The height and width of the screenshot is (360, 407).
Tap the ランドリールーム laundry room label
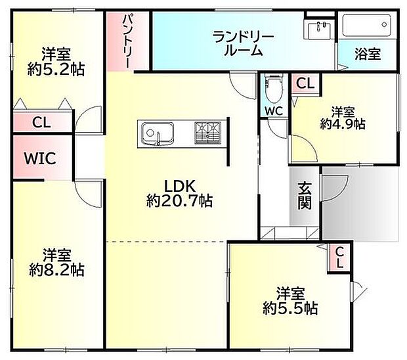242,43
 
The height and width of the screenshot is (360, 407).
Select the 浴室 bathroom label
367,55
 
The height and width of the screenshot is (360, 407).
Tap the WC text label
273,111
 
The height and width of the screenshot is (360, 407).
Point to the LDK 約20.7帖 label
179,193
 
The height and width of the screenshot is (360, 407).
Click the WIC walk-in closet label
41,158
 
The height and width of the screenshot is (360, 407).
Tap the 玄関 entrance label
305,196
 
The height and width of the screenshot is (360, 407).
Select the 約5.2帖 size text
56,68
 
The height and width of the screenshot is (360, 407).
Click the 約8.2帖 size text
56,269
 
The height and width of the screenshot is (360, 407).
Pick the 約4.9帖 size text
343,123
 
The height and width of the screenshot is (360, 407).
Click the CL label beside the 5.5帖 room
339,258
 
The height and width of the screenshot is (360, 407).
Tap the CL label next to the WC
304,84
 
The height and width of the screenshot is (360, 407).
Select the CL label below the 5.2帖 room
41,122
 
